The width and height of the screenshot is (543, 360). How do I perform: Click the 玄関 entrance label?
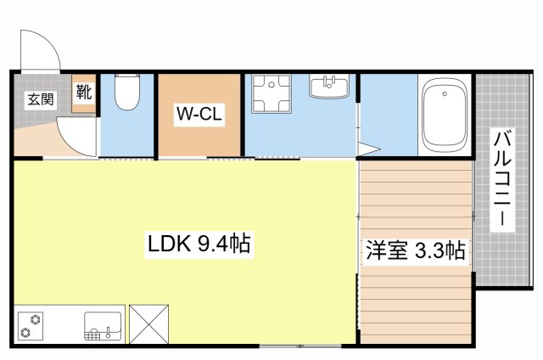coord(41,100)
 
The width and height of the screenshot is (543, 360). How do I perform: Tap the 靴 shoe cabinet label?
coord(84,92)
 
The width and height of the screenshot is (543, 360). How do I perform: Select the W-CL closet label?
coord(199,114)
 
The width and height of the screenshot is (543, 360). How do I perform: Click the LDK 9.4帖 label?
coord(199,244)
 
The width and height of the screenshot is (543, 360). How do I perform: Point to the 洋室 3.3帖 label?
coord(416,250)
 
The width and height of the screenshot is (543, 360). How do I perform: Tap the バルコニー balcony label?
coord(502,180)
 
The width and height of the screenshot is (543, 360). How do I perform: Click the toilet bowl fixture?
coord(127,92)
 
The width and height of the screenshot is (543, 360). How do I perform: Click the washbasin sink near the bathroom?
coord(329,86)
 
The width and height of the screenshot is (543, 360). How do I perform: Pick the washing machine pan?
coord(271,93)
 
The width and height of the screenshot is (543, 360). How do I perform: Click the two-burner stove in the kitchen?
coord(31,326)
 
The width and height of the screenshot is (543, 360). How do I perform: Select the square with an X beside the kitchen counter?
coord(149,324)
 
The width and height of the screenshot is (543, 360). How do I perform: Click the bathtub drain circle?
coord(445,93)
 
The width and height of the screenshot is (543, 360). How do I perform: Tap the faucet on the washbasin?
coord(329,82)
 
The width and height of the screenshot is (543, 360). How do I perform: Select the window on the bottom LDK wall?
coord(300,346)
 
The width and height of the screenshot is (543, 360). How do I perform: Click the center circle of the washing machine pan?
coord(271,85)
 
